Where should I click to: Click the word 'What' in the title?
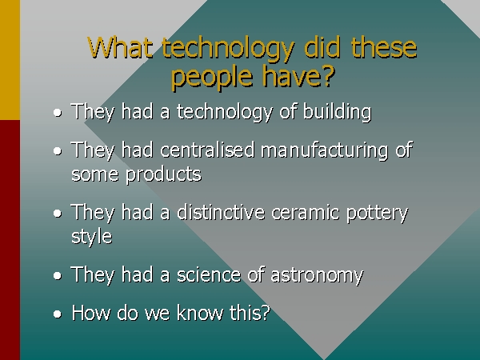coord(120,47)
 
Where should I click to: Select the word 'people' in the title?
coord(212,76)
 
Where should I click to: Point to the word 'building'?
coord(337,112)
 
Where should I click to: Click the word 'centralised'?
coord(207,150)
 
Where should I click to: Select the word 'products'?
coord(163,174)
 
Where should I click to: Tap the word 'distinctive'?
coord(221,212)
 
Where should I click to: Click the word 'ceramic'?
coord(306,213)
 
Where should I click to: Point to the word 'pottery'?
coord(377,214)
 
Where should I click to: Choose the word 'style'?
coord(91,236)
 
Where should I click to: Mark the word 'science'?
coord(209,274)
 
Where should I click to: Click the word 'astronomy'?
coord(317,276)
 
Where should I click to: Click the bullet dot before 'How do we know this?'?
coord(58,314)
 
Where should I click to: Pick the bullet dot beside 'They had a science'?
coord(58,276)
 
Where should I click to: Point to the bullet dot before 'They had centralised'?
coord(58,151)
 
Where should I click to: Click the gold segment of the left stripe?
coord(10,60)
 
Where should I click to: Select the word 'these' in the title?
coord(384,47)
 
